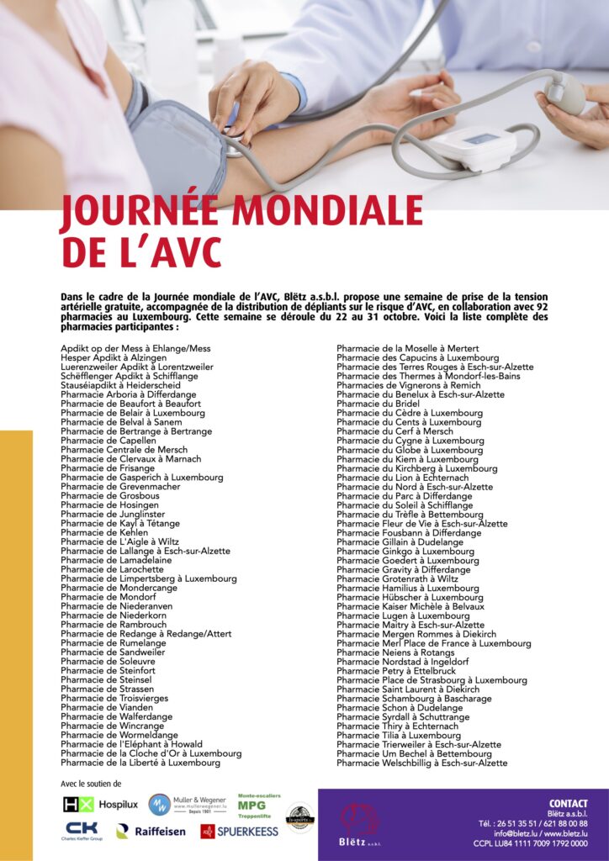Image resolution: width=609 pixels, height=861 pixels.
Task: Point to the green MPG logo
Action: [x=258, y=806]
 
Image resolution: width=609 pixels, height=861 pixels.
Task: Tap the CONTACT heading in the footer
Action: [x=568, y=804]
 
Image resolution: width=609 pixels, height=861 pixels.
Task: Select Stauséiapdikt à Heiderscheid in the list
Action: [x=120, y=385]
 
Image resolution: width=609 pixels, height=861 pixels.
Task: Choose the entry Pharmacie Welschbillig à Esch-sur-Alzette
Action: [x=421, y=763]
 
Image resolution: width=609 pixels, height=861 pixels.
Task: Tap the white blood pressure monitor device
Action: [x=472, y=148]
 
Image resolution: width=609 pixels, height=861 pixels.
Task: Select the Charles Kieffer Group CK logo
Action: [x=82, y=831]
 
